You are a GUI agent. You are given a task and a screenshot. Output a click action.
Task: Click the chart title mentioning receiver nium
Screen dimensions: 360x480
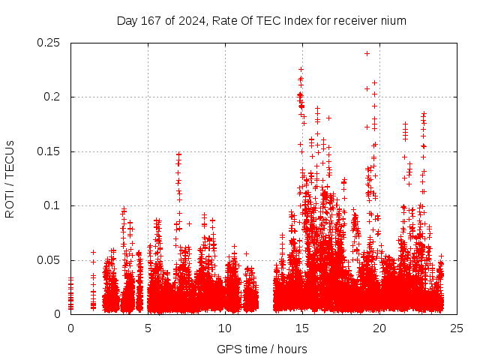click(261, 20)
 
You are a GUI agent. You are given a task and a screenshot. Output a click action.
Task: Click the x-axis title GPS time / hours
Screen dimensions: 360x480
click(262, 349)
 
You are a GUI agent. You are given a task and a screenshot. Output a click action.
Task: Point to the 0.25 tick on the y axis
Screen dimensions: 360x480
click(50, 43)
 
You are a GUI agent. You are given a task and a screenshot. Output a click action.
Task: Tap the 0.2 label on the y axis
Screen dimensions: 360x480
click(53, 97)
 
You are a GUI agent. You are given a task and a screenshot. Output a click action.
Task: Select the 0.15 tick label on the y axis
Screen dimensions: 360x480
click(50, 151)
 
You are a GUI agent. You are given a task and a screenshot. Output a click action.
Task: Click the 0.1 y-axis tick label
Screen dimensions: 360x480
click(53, 205)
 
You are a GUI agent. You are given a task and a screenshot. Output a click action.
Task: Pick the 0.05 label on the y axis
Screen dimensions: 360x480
click(50, 260)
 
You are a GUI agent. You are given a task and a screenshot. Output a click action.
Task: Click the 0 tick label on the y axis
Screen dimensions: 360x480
click(60, 314)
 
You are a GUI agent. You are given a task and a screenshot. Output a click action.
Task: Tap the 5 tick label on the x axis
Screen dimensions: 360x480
click(148, 328)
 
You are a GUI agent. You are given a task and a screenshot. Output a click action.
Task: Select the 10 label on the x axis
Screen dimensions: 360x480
click(225, 328)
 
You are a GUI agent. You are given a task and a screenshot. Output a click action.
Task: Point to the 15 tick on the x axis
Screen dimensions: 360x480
click(302, 328)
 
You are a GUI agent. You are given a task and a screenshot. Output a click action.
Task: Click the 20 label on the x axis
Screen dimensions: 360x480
click(379, 328)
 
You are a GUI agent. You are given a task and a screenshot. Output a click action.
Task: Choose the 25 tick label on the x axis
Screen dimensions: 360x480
click(457, 328)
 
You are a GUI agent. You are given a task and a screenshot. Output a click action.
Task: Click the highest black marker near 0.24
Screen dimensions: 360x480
click(367, 53)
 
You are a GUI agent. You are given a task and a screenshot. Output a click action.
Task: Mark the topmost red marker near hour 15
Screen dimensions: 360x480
click(301, 69)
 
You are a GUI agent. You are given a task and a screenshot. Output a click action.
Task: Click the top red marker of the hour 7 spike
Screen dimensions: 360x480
click(178, 154)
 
